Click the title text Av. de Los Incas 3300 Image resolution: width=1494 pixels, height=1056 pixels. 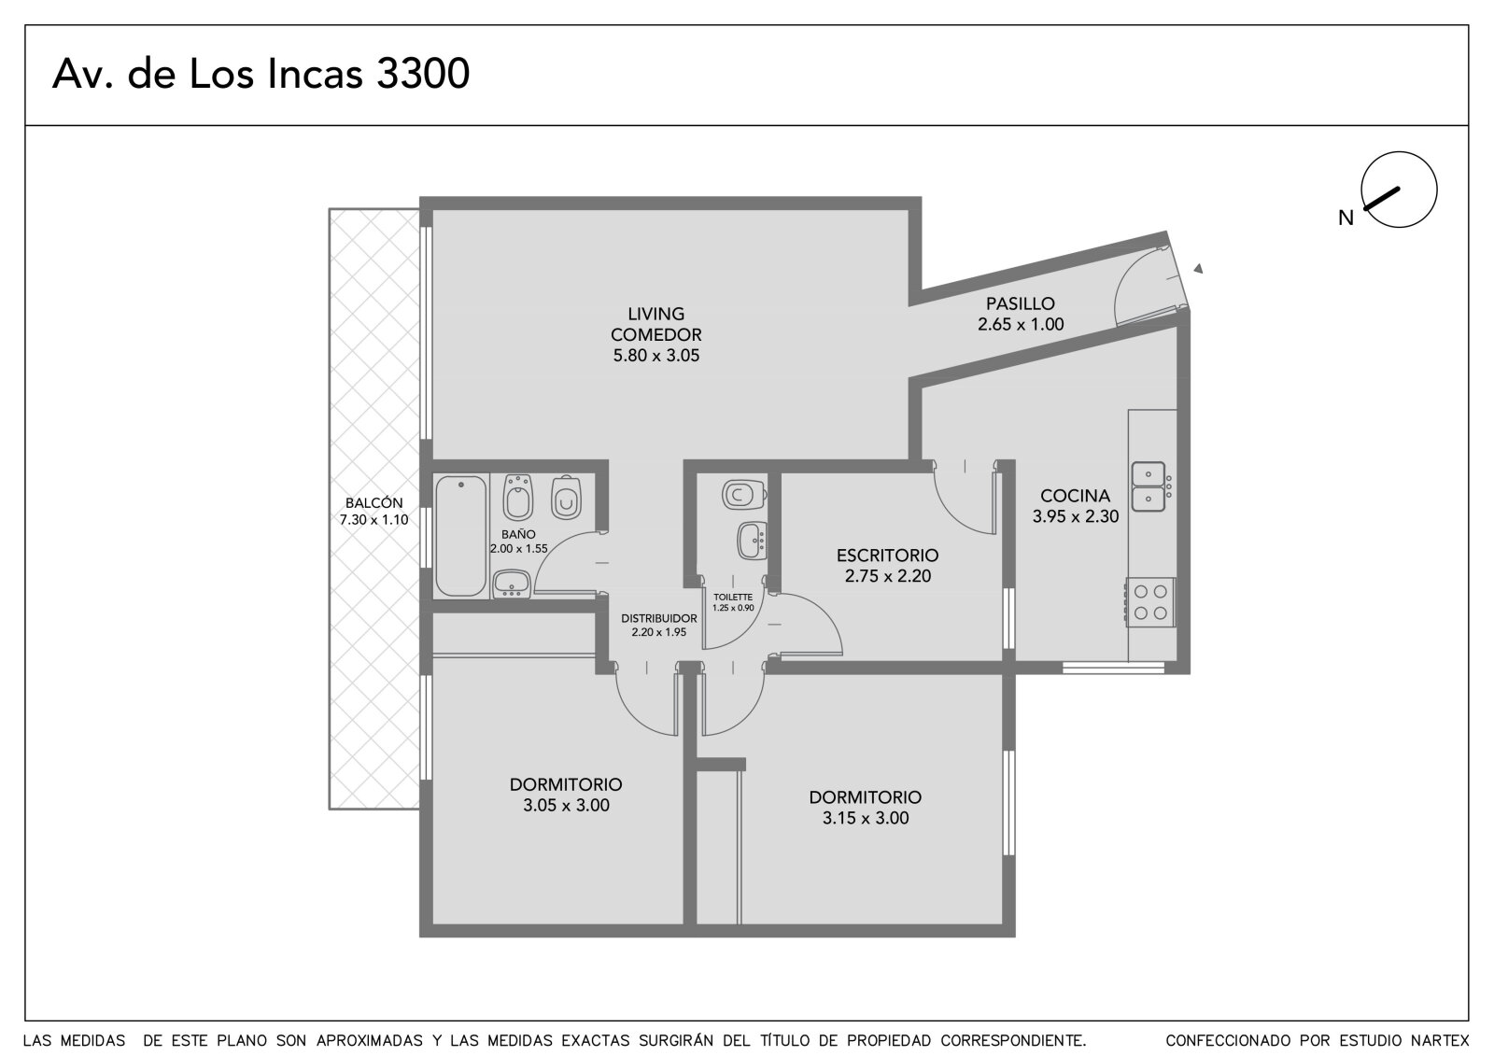261,74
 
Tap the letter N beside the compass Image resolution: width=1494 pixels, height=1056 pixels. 1346,218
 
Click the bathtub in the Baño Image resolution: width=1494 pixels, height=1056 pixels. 461,535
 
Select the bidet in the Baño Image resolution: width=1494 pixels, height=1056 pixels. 518,497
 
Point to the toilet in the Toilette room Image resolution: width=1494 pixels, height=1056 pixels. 743,494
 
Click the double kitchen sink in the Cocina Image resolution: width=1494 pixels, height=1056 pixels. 1149,487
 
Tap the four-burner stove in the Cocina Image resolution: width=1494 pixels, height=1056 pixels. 1150,602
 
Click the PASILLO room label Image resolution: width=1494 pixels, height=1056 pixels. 1021,303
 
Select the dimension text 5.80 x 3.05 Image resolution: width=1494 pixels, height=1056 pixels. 656,356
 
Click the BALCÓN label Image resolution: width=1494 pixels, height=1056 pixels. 374,503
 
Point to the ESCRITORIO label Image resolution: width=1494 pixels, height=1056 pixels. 888,555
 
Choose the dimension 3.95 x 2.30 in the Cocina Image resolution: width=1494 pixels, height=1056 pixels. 1076,516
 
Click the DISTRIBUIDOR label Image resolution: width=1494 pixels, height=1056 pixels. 659,618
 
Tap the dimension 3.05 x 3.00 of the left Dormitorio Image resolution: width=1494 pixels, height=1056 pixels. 566,805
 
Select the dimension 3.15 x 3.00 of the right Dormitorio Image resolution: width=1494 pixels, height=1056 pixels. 866,818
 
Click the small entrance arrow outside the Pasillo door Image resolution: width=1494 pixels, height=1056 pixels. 1199,268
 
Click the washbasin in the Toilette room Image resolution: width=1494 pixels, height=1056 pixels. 753,541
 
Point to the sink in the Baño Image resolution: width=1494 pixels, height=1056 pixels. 512,584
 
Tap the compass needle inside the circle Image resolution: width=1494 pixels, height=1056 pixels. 1383,198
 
